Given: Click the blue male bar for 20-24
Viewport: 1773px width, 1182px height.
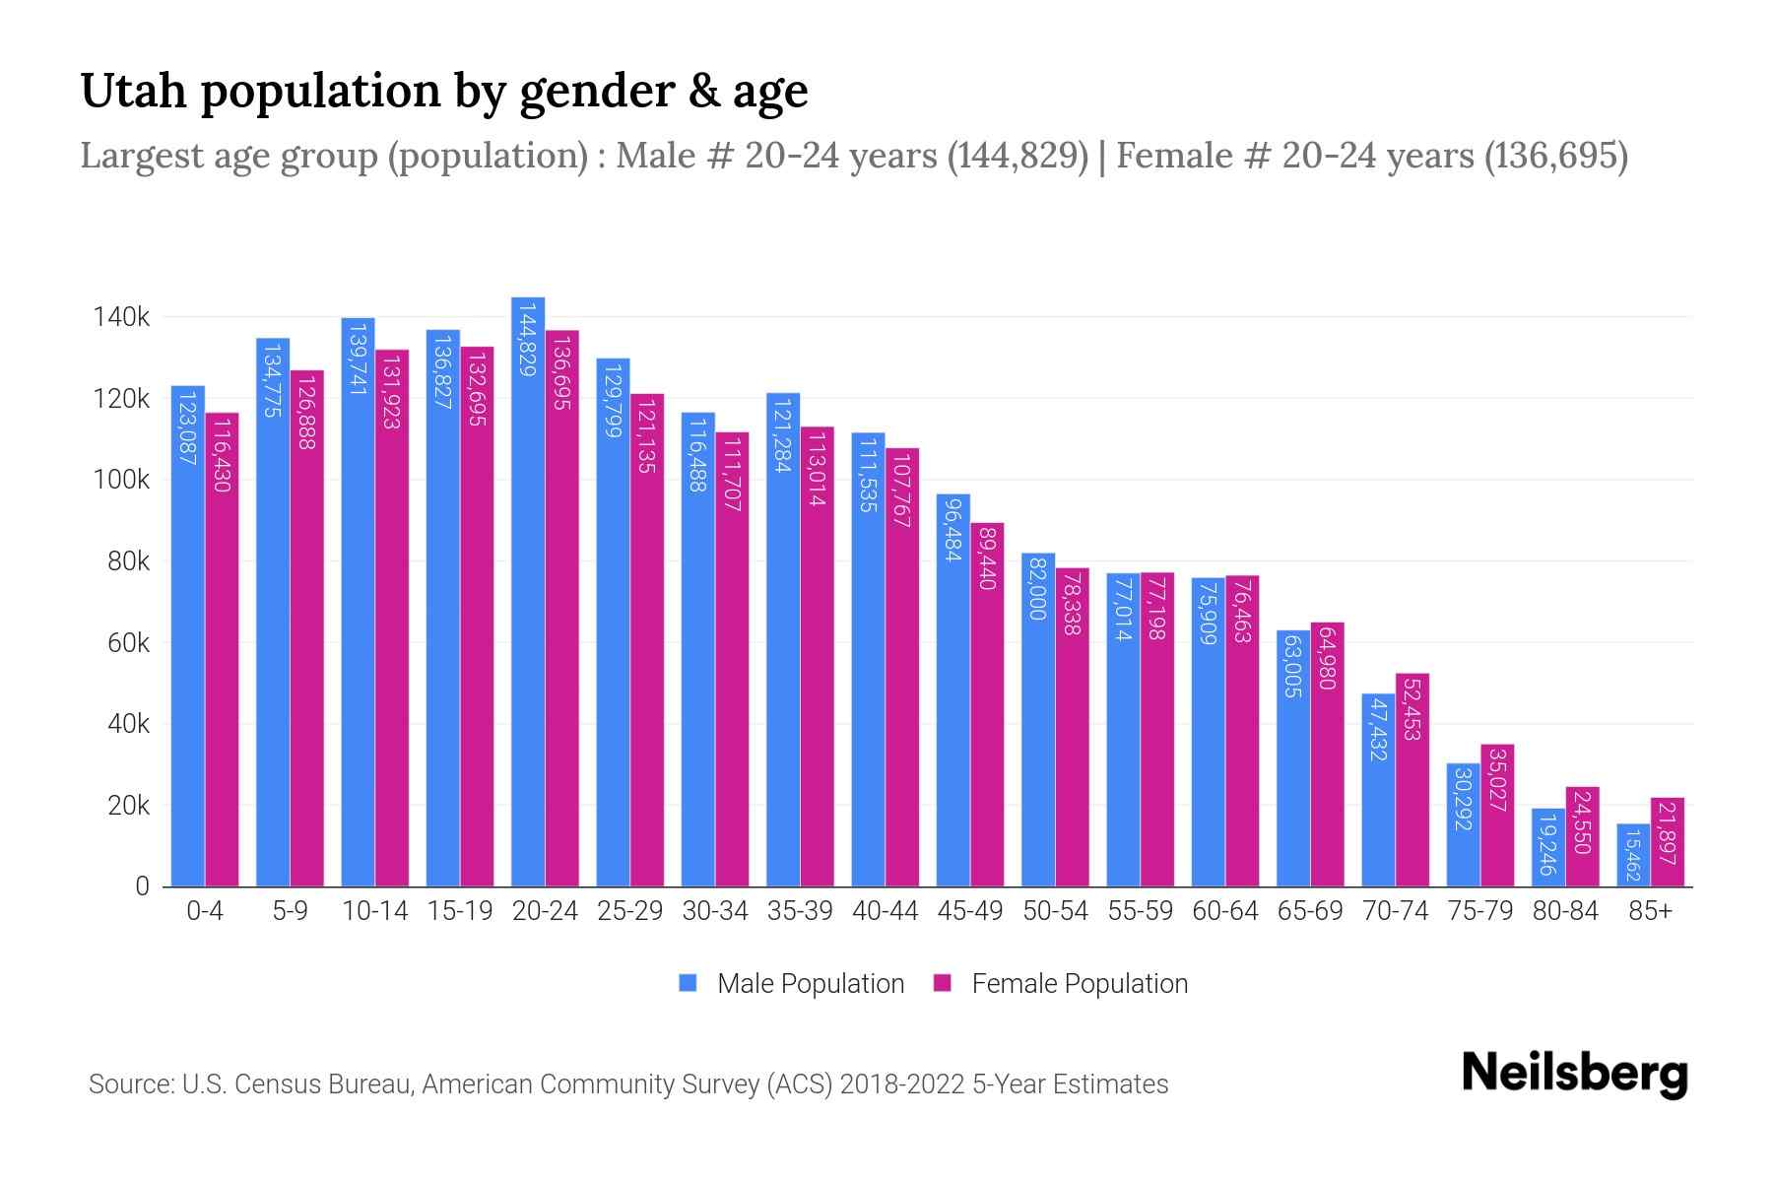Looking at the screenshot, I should pos(528,591).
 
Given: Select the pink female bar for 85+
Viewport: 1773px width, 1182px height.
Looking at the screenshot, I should pos(1668,842).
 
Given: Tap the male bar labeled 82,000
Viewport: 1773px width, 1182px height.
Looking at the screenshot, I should pos(1038,719).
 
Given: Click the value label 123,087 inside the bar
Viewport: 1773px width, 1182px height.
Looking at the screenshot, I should pos(187,427).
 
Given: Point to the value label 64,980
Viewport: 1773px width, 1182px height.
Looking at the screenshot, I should pos(1327,658).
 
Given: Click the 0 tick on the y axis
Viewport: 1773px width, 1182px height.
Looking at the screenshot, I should pos(142,886).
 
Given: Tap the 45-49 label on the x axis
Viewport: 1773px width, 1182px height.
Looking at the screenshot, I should pos(970,911).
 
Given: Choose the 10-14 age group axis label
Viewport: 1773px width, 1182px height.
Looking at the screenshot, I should pos(374,911).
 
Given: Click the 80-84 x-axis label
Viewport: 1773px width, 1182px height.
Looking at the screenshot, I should pos(1565,911).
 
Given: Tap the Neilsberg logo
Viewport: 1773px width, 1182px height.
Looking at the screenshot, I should pos(1574,1074).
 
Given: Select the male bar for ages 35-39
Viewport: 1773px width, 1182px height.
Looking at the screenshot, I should pos(783,640).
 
